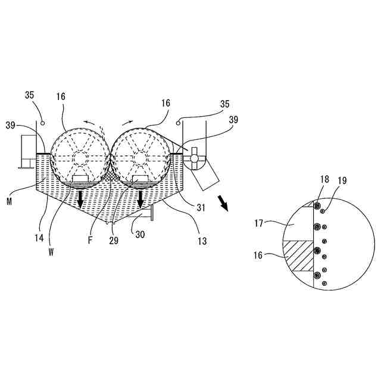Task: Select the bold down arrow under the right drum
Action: [x=141, y=200]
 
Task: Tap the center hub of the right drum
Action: [x=140, y=158]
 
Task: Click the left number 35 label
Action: [x=32, y=95]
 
